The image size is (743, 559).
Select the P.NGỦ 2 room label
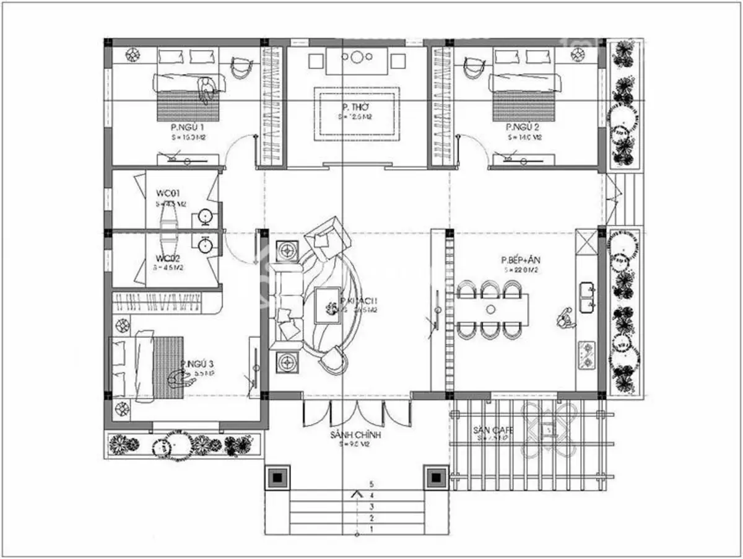524,127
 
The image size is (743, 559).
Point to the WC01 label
168,193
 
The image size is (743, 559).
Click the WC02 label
168,258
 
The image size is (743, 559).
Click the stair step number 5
371,483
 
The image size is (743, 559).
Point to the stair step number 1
371,530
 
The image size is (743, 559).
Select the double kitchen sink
587,297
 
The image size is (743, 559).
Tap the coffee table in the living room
327,306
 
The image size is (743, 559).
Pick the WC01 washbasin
205,217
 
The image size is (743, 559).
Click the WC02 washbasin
205,245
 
